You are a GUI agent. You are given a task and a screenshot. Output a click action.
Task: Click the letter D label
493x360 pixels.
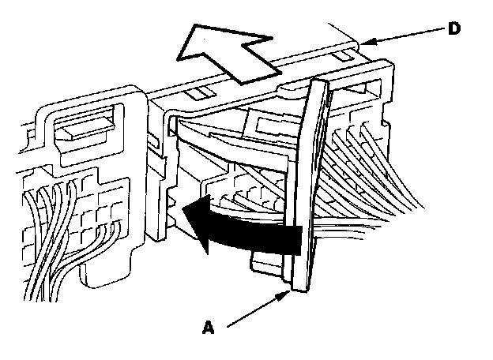click(x=453, y=28)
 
